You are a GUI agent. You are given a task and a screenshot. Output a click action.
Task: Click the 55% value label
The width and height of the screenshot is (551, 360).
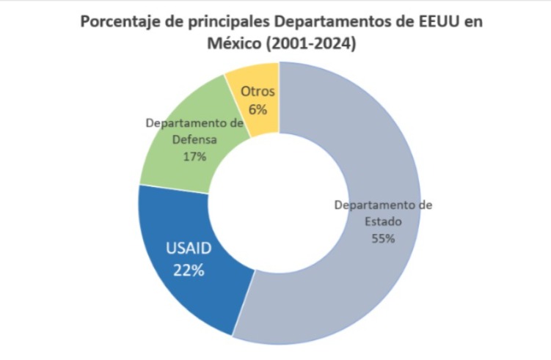[383, 238]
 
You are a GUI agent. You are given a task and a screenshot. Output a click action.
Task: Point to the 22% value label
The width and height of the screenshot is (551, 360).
[189, 269]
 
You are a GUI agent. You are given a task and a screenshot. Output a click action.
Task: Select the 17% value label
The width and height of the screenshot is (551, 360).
[194, 155]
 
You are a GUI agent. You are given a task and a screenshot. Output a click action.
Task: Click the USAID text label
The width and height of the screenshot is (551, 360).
[189, 249]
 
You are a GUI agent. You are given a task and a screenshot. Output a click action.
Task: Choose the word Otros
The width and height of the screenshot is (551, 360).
[258, 92]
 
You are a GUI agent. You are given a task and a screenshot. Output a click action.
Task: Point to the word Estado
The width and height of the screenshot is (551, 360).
[383, 221]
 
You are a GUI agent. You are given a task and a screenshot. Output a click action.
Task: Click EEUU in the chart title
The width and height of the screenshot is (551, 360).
[431, 21]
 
